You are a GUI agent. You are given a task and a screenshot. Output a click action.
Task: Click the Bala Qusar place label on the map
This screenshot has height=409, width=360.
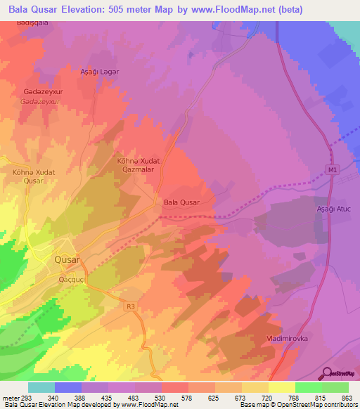point(181,202)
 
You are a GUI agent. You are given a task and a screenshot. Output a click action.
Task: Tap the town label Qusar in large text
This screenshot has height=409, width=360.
point(67,259)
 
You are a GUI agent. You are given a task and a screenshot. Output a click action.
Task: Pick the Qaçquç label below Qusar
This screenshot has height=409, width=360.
point(72,279)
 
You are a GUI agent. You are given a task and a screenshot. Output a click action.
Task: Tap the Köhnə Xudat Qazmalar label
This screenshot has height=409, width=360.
point(139,165)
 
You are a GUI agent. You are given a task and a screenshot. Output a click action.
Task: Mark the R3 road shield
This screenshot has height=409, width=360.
point(130,306)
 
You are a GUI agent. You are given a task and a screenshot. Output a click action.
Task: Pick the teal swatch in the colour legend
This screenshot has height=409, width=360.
point(41,387)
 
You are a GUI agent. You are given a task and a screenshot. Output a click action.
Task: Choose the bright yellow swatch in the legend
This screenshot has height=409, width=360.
point(282,387)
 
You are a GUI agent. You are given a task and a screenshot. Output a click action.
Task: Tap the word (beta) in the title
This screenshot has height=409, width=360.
point(333,8)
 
